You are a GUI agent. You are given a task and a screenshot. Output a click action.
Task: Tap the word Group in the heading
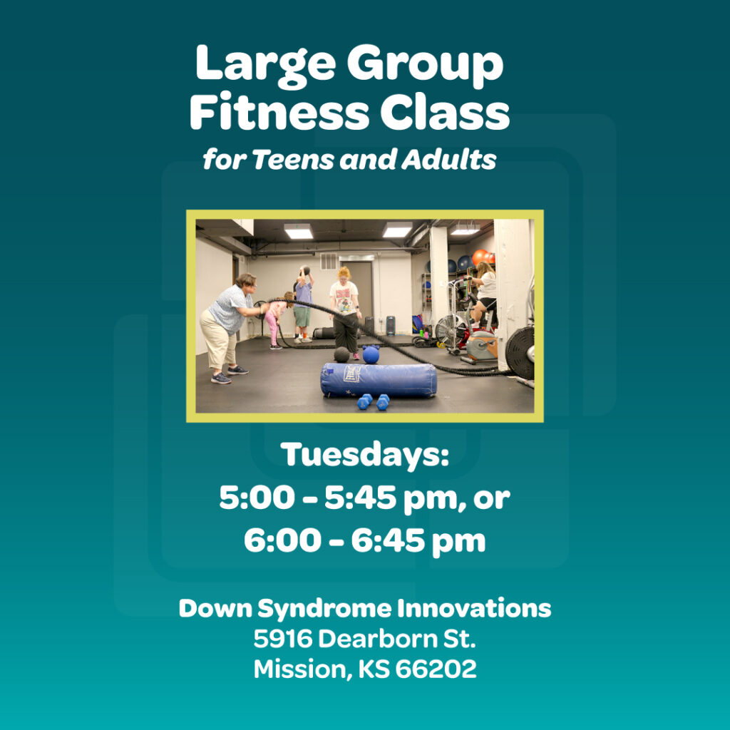pos(425,64)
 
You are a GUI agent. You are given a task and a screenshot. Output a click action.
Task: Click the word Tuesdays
pos(365,455)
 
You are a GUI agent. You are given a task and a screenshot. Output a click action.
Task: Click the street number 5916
pos(282,639)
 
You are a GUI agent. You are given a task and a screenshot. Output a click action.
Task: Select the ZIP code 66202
pos(441,669)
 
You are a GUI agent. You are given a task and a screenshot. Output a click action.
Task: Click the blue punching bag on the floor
pos(378,379)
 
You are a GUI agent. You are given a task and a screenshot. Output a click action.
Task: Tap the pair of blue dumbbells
pos(374,402)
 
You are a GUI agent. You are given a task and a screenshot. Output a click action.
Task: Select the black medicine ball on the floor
pos(342,355)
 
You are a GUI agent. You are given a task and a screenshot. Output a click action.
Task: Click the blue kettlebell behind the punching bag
pos(371,354)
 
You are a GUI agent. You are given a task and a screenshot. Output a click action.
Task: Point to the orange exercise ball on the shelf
pos(480,257)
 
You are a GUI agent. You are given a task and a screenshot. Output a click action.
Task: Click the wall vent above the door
pos(328,262)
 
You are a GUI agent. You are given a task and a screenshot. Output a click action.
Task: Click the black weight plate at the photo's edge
pos(521,353)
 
